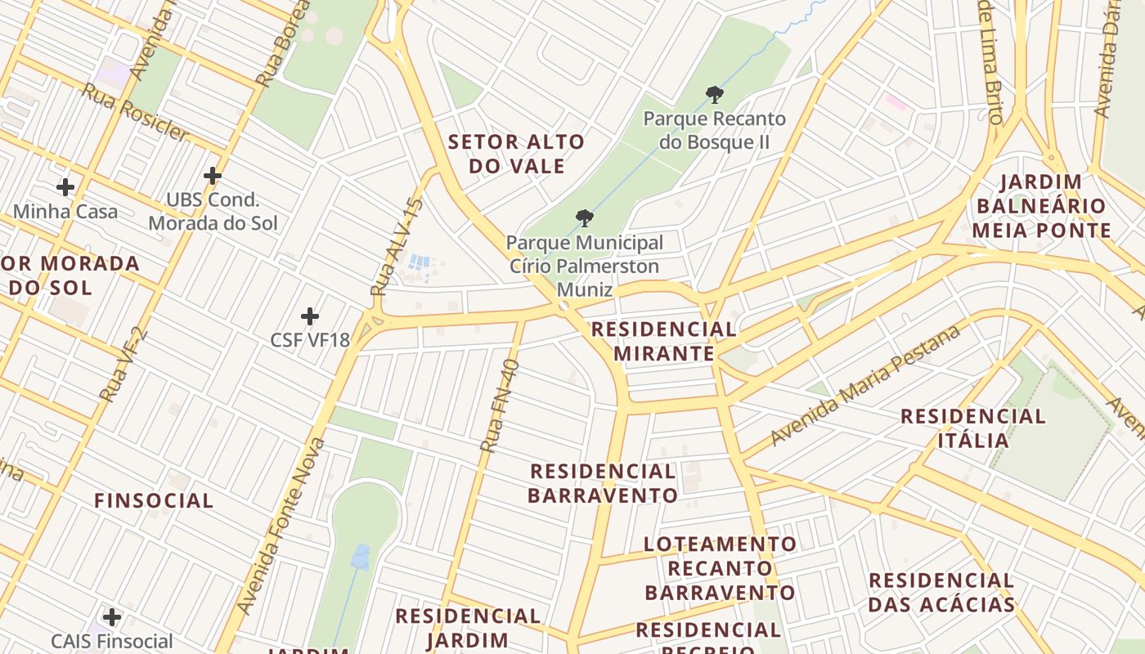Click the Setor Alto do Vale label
[x=517, y=154]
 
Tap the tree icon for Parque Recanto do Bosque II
[x=715, y=95]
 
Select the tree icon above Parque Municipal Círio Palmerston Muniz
[x=584, y=218]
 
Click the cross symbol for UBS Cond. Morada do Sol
[x=213, y=176]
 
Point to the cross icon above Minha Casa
[x=65, y=187]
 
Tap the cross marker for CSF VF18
[x=310, y=316]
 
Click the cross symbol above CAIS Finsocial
[x=112, y=617]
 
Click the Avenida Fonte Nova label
[x=281, y=527]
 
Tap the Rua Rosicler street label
[x=134, y=112]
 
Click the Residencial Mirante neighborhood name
[x=663, y=341]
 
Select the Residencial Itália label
[x=972, y=428]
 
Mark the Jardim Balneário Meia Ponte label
[x=1041, y=206]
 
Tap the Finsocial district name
[x=154, y=500]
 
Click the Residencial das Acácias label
[x=941, y=593]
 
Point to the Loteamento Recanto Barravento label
[x=720, y=568]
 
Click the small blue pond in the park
[x=360, y=557]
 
